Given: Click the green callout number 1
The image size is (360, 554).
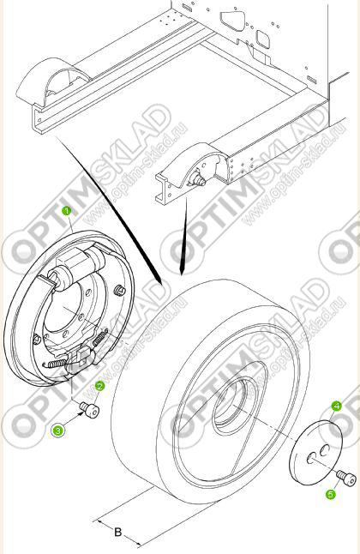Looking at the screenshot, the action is pyautogui.click(x=66, y=211).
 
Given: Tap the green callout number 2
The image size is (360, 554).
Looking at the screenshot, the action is pyautogui.click(x=100, y=386).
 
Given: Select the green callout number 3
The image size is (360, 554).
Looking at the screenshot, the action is pyautogui.click(x=58, y=431).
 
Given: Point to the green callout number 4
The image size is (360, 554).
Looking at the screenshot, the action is pyautogui.click(x=337, y=406).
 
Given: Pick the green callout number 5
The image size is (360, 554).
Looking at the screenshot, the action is pyautogui.click(x=330, y=494).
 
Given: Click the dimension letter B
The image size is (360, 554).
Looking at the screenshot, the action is pyautogui.click(x=118, y=532).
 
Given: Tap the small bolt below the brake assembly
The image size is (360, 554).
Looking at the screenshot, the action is pyautogui.click(x=89, y=409).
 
